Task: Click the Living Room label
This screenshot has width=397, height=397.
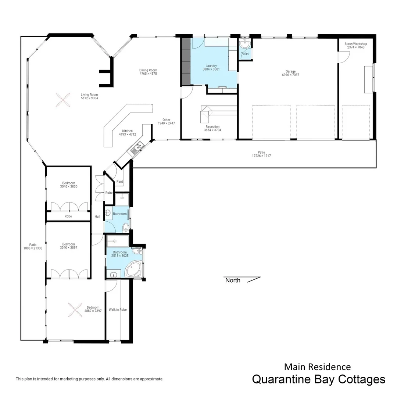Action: click(x=89, y=95)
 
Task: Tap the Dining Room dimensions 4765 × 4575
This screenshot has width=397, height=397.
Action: click(x=148, y=74)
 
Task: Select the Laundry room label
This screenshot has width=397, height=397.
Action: click(x=211, y=66)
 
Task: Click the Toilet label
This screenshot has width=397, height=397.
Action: click(x=245, y=54)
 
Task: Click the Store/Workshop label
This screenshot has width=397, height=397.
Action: click(x=355, y=44)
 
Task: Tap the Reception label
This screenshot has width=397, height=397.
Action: click(x=212, y=126)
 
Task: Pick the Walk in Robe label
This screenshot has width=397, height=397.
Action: click(x=118, y=310)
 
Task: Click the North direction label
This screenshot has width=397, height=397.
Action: click(x=233, y=280)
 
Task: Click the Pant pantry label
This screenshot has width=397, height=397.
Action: click(x=119, y=182)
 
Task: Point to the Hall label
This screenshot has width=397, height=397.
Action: click(x=97, y=217)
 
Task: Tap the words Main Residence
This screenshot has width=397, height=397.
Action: click(x=317, y=366)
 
